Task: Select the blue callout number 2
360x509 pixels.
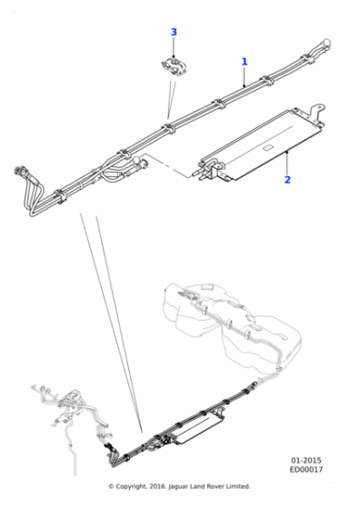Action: (x=287, y=179)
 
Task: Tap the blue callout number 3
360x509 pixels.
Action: (x=174, y=33)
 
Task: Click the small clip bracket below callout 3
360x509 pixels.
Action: (x=171, y=67)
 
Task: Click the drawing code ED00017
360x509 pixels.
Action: (x=307, y=471)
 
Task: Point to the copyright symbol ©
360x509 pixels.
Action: (x=111, y=486)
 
